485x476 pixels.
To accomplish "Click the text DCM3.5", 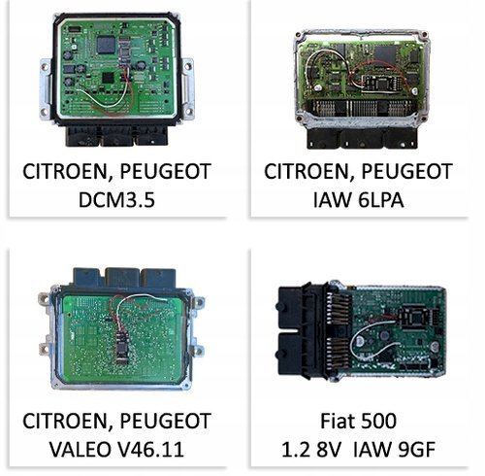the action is tap(116, 200).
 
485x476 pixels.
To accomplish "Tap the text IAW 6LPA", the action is tap(358, 200).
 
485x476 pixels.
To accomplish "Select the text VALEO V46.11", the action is tap(116, 449).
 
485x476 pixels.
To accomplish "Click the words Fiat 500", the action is tap(358, 421).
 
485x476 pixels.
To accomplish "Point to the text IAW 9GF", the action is tap(395, 449).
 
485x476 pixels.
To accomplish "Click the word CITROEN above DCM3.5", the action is tap(68, 171).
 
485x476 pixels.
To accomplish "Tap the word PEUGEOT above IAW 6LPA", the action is tap(406, 171).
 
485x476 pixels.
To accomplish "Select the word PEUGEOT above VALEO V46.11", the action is tap(166, 421).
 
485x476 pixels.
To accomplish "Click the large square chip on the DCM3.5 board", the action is tap(106, 45).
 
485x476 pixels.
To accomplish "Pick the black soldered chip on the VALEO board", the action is tap(122, 346).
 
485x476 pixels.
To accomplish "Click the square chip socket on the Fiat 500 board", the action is tap(413, 317).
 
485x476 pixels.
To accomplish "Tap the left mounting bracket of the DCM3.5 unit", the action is tap(45, 89).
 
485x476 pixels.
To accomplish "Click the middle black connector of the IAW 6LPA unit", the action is tap(362, 139).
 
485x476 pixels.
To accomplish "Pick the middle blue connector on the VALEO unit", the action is tap(122, 277).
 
